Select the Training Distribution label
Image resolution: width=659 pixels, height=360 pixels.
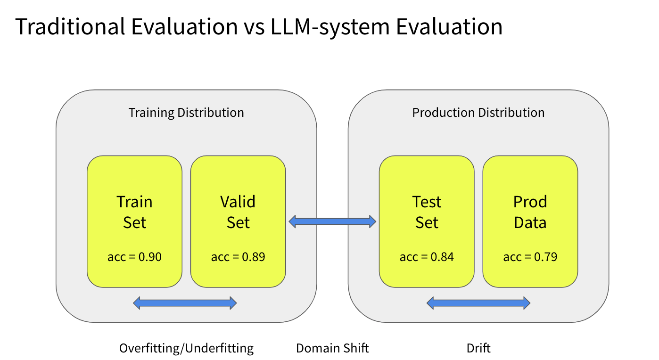coord(186,113)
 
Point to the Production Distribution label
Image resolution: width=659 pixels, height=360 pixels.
coord(478,113)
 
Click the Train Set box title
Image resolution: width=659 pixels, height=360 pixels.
coord(134,212)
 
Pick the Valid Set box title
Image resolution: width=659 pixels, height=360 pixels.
coord(238,212)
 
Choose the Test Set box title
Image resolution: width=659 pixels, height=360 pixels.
coord(427,212)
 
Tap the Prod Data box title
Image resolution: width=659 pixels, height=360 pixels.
coord(530,212)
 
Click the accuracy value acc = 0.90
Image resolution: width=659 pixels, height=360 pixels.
coord(134,257)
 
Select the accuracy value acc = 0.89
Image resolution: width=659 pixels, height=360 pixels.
coord(238,257)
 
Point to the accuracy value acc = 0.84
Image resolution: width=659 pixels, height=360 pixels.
coord(427,257)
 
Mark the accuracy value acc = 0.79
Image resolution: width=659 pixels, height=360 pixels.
coord(530,257)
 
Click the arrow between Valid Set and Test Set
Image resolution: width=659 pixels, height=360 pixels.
coord(332,221)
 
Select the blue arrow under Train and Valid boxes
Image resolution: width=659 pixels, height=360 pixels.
coord(185,303)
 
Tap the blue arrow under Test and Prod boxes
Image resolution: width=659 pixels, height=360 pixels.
coord(478,303)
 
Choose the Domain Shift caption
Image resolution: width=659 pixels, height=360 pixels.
coord(332,348)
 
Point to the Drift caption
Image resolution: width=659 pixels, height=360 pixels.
coord(478,348)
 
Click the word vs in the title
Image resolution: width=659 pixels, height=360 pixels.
coord(254,29)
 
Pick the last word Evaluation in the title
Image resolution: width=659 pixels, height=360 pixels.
coord(449,26)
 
